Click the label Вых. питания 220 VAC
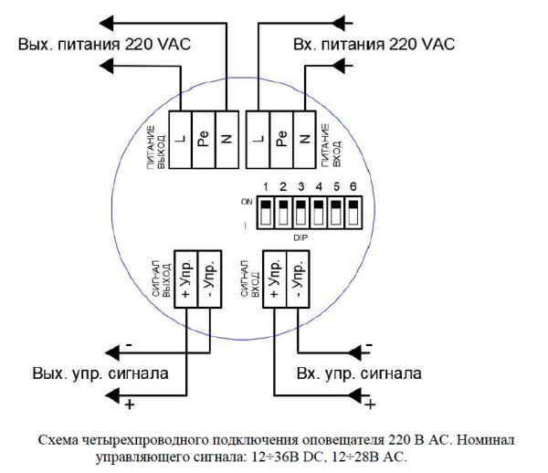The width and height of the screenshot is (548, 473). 105,44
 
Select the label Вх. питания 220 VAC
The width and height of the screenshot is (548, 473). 374,44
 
